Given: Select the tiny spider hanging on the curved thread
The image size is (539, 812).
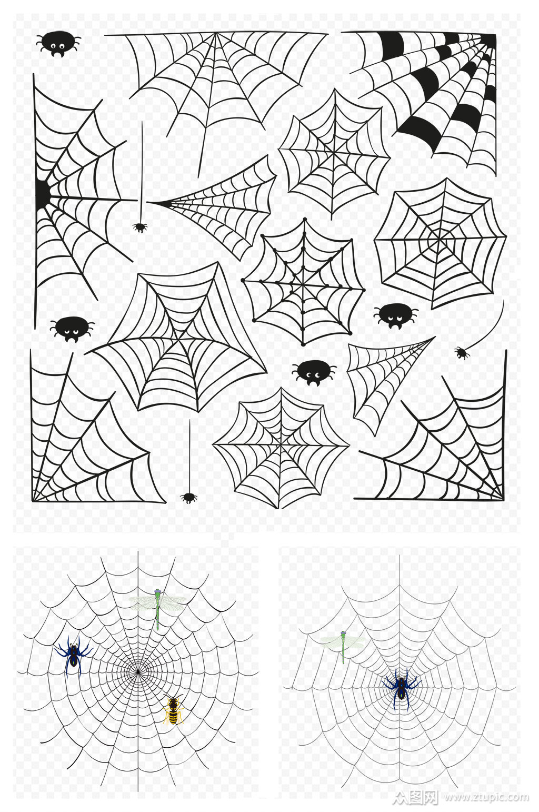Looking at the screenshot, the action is point(461,352).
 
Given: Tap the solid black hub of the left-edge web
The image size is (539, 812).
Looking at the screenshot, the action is point(43,193).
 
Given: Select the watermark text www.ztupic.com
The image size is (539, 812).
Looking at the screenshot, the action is point(486,797).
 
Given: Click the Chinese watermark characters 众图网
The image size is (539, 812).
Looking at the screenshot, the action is point(415,796).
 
